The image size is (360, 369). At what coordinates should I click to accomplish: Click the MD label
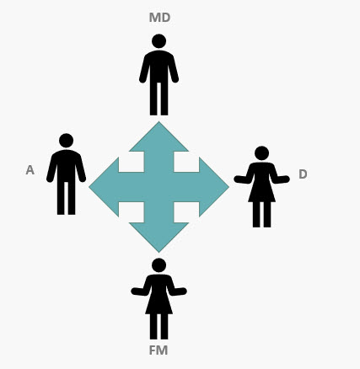(x=159, y=18)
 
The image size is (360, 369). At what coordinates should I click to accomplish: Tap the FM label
(x=159, y=350)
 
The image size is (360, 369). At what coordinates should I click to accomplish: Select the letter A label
(x=30, y=170)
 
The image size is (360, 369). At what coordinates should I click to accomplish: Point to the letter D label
(x=303, y=174)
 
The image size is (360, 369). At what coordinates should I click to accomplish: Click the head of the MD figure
(x=159, y=41)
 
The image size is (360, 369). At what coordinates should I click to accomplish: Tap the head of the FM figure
(x=159, y=265)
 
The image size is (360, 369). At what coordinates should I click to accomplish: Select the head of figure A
(x=67, y=141)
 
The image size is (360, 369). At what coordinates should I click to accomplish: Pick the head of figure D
(x=261, y=153)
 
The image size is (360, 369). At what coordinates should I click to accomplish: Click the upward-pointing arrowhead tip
(x=159, y=121)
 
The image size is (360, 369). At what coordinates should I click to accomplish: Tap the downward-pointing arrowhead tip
(x=159, y=252)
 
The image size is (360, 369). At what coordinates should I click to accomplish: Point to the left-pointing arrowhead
(x=104, y=187)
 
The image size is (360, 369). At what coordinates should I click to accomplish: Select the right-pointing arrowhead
(x=214, y=187)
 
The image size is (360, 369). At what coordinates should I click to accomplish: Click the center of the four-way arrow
(x=159, y=187)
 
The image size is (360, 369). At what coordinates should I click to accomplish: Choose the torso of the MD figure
(x=159, y=67)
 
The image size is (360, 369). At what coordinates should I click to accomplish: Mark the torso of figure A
(x=67, y=166)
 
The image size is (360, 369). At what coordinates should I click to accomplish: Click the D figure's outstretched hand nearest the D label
(x=284, y=179)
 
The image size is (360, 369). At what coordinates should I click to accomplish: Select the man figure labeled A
(x=67, y=174)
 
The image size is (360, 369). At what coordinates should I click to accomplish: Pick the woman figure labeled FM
(x=159, y=299)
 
